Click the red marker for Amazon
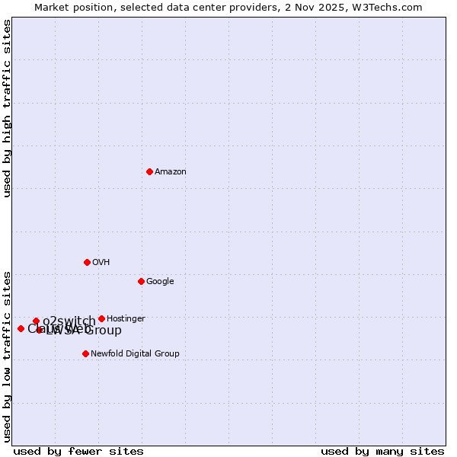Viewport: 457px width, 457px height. tap(149, 171)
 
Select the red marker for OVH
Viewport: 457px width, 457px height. tap(87, 262)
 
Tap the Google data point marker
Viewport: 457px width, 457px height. tap(141, 281)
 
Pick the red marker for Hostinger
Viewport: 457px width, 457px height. tap(101, 318)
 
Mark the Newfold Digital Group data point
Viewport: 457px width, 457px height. tap(85, 353)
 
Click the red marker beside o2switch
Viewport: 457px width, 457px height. tap(36, 321)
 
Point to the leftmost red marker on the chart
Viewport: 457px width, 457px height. tap(21, 328)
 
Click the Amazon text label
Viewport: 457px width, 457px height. tap(171, 172)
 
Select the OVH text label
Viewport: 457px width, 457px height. tap(101, 263)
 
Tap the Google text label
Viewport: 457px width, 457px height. tap(160, 282)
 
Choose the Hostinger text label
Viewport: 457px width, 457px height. tap(126, 319)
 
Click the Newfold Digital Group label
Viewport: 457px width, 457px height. tap(135, 354)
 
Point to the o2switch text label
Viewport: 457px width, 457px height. tap(69, 321)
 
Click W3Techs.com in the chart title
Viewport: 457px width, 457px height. tap(389, 7)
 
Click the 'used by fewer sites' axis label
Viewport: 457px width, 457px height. tap(78, 451)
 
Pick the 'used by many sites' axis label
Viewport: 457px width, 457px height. tap(382, 451)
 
